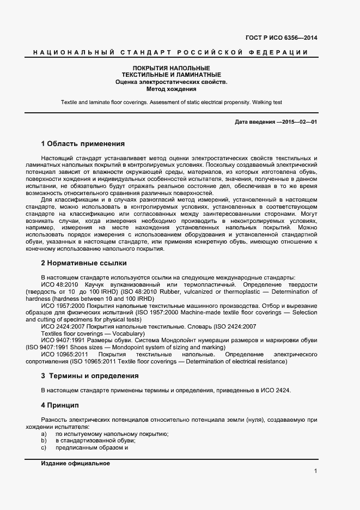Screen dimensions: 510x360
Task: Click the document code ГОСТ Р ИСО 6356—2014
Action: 282,38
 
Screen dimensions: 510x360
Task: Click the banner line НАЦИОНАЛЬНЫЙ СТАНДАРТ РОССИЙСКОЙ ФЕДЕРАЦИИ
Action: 170,52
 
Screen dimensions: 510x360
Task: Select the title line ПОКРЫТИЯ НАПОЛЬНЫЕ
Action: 171,67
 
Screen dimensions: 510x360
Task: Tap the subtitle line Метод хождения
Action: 171,88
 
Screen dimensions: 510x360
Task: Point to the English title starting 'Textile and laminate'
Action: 171,102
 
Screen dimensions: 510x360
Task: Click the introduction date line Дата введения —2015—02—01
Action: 276,122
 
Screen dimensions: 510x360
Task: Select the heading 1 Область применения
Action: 83,144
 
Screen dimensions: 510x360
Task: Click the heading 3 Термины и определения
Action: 90,376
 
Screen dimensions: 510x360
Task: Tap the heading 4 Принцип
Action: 60,405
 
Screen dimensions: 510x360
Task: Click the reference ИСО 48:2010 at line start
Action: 60,285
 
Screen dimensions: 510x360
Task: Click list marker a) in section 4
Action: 44,434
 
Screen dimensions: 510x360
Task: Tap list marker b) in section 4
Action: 44,440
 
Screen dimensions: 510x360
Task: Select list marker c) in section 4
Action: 44,447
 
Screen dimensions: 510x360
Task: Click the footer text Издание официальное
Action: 75,463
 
